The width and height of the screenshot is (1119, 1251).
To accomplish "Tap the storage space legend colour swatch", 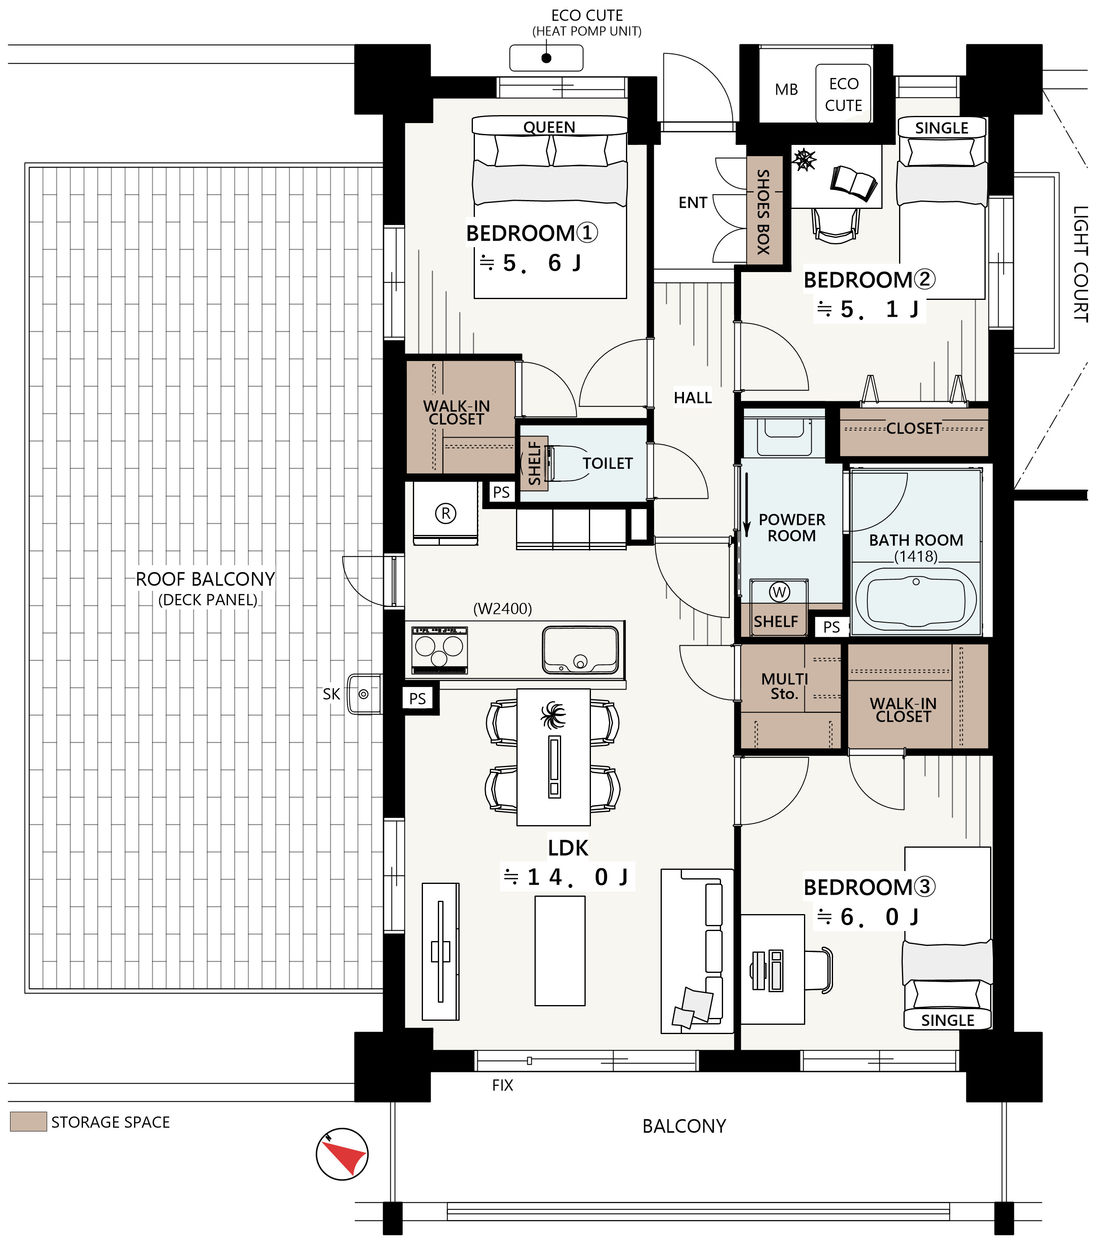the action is (x=28, y=1121).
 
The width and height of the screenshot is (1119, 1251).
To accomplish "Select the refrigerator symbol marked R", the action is (x=446, y=513).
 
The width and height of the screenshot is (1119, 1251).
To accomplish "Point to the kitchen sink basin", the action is (x=580, y=650).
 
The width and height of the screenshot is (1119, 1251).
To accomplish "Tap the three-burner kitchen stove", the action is (x=439, y=650).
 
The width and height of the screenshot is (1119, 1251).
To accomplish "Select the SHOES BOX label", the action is (x=763, y=212).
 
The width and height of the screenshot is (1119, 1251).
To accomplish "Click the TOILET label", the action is (x=607, y=463).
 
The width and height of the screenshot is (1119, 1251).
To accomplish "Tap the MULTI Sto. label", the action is (x=785, y=686).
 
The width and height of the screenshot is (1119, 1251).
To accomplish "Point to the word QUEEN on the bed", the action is (x=549, y=127).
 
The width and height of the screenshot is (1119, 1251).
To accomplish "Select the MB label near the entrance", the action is (x=786, y=90).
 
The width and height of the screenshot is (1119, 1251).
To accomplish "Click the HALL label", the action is (x=692, y=398).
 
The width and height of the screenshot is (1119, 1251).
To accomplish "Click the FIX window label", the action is (x=502, y=1085).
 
